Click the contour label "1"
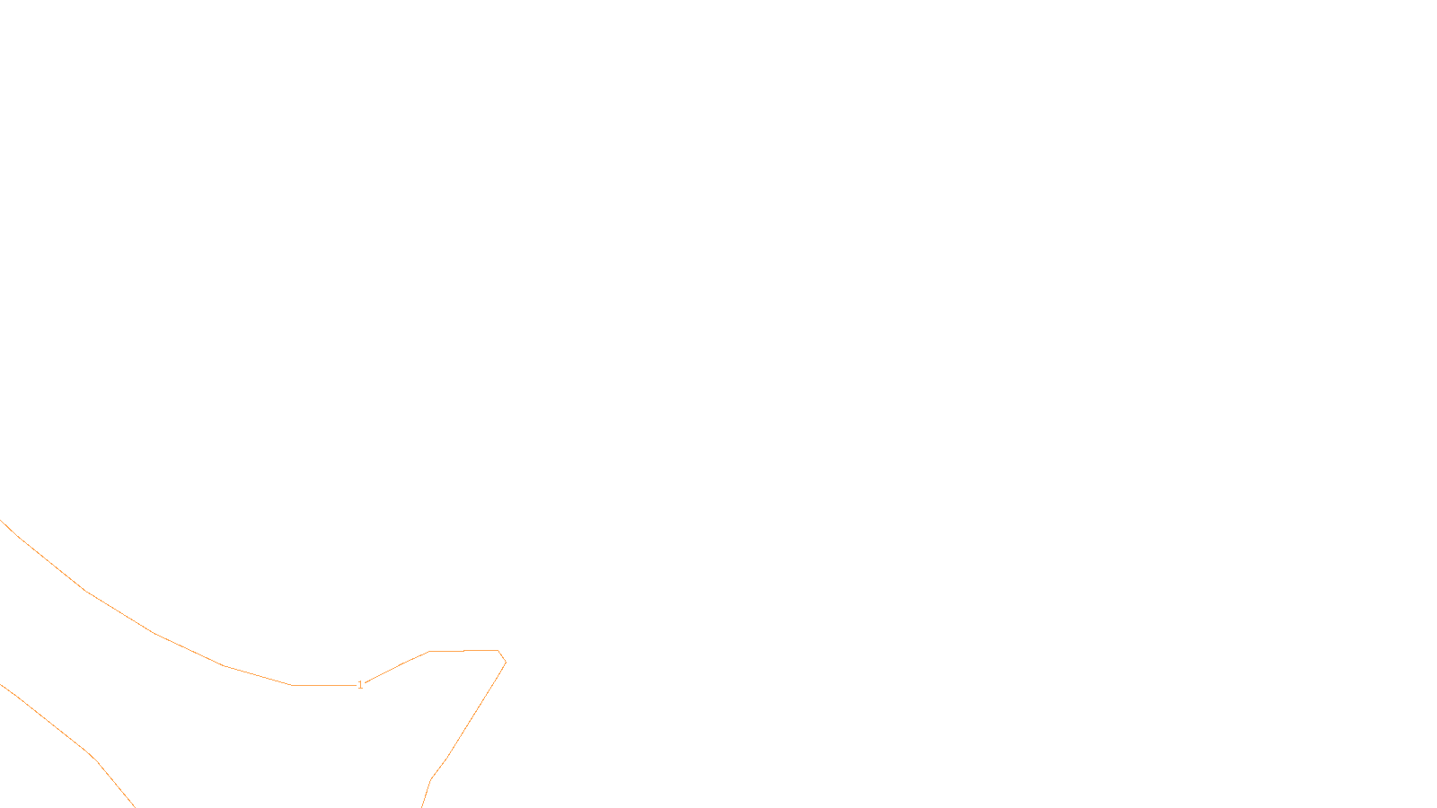point(360,685)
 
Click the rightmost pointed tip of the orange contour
point(506,663)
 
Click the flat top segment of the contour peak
point(463,650)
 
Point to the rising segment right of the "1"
point(395,667)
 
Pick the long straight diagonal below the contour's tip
point(476,711)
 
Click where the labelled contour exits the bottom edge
point(422,805)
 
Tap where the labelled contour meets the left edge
point(2,522)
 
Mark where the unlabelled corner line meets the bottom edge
point(134,805)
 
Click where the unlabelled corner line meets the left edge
point(2,685)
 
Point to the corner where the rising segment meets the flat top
point(429,651)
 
